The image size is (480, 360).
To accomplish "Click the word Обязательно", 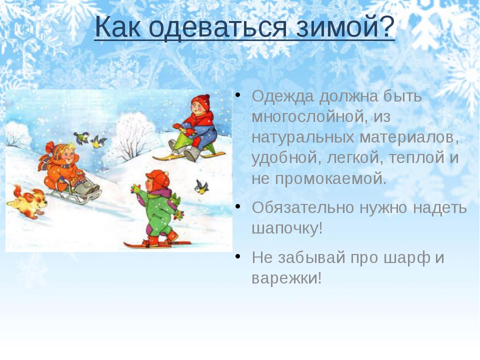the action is pos(303,207).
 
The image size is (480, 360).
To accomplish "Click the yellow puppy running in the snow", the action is pos(27,202).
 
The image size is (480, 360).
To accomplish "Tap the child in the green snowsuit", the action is pos(157,208).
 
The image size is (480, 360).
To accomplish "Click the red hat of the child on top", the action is pos(201,101).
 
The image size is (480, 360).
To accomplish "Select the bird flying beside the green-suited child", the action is pos(201,187).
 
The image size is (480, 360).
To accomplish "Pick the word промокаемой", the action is pos(330,179).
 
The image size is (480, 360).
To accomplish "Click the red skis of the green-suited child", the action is pos(157,244).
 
